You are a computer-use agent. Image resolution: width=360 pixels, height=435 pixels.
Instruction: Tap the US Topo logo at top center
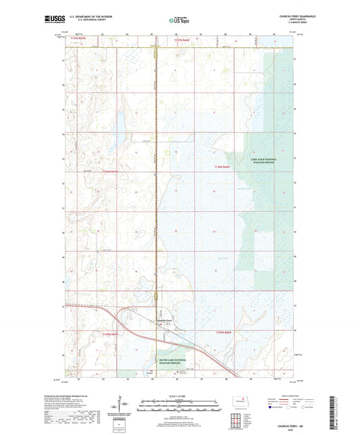click(179, 20)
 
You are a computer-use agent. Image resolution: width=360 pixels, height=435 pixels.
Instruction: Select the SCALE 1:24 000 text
click(180, 396)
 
